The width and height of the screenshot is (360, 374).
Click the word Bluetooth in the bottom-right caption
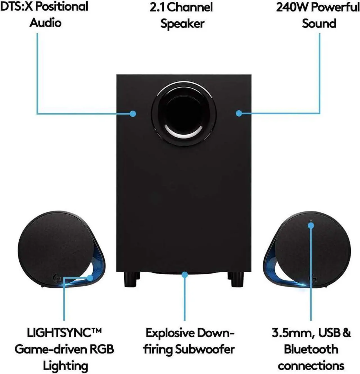coord(311,349)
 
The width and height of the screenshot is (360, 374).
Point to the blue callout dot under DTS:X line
coord(133,114)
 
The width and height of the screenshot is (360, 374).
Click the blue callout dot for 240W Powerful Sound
coord(239,113)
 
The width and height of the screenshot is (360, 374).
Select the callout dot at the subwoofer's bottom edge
coord(184,275)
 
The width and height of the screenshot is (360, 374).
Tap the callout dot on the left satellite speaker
coord(90,278)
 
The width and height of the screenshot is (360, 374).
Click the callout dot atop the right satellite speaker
coord(311,225)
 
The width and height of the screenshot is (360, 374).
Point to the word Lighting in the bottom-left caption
coord(65,366)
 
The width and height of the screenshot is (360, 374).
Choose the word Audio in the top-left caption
coord(45,23)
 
